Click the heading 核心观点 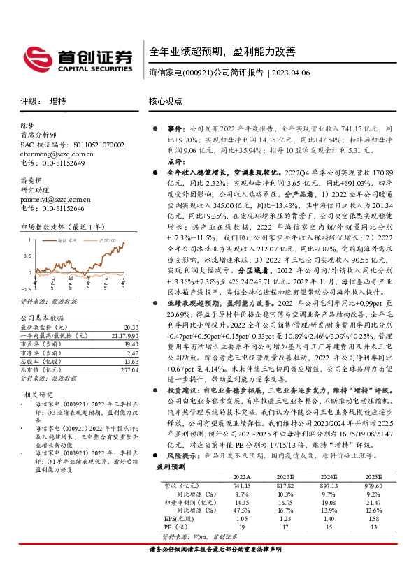[x=166, y=101]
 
